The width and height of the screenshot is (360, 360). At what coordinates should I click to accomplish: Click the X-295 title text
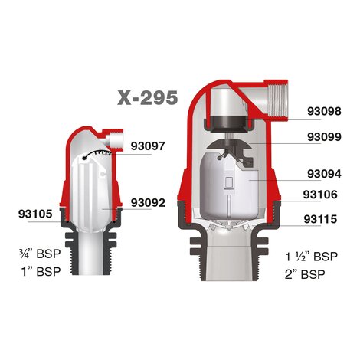click(x=147, y=98)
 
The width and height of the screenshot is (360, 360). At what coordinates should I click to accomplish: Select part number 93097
click(x=148, y=146)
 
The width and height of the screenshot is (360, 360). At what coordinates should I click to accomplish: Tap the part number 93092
click(x=148, y=203)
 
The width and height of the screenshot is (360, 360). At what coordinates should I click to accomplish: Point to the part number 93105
click(x=35, y=214)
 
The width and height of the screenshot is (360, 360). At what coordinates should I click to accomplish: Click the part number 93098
click(x=324, y=112)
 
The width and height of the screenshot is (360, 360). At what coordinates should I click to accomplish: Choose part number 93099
click(x=324, y=137)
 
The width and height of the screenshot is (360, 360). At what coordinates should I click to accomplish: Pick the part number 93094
click(x=324, y=174)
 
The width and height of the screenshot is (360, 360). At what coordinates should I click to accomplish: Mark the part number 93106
click(x=320, y=195)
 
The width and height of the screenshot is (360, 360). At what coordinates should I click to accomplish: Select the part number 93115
click(x=320, y=219)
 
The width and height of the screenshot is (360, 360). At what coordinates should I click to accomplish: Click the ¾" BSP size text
click(x=41, y=254)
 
